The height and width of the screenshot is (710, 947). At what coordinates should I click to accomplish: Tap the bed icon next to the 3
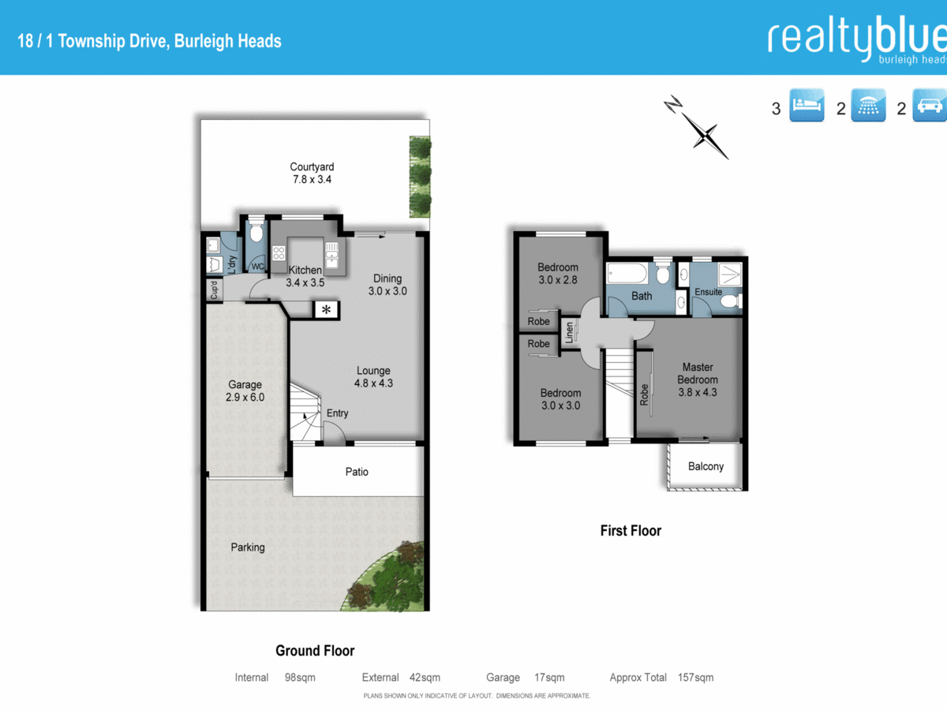pyautogui.click(x=807, y=105)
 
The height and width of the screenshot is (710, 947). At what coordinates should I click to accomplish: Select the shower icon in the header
pyautogui.click(x=868, y=105)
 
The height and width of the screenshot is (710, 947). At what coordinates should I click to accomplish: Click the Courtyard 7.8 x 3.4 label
pyautogui.click(x=312, y=173)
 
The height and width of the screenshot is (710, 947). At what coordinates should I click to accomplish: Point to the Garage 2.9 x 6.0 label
pyautogui.click(x=245, y=391)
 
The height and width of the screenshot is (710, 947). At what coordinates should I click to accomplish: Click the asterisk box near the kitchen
pyautogui.click(x=326, y=310)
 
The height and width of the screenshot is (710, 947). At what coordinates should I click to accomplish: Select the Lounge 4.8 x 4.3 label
pyautogui.click(x=373, y=377)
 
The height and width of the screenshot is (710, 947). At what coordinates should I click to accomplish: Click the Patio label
pyautogui.click(x=357, y=472)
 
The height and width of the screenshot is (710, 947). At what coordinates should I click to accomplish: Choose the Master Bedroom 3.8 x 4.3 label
pyautogui.click(x=698, y=379)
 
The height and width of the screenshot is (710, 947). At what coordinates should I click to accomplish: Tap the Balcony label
pyautogui.click(x=706, y=466)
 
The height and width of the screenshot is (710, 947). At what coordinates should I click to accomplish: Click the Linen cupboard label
pyautogui.click(x=568, y=332)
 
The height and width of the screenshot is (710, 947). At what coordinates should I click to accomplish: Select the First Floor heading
pyautogui.click(x=631, y=531)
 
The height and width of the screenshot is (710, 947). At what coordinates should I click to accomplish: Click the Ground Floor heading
pyautogui.click(x=315, y=651)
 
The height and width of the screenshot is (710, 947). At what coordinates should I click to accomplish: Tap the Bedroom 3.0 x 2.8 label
pyautogui.click(x=558, y=274)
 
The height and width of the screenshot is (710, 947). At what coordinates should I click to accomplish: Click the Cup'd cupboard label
pyautogui.click(x=214, y=291)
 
